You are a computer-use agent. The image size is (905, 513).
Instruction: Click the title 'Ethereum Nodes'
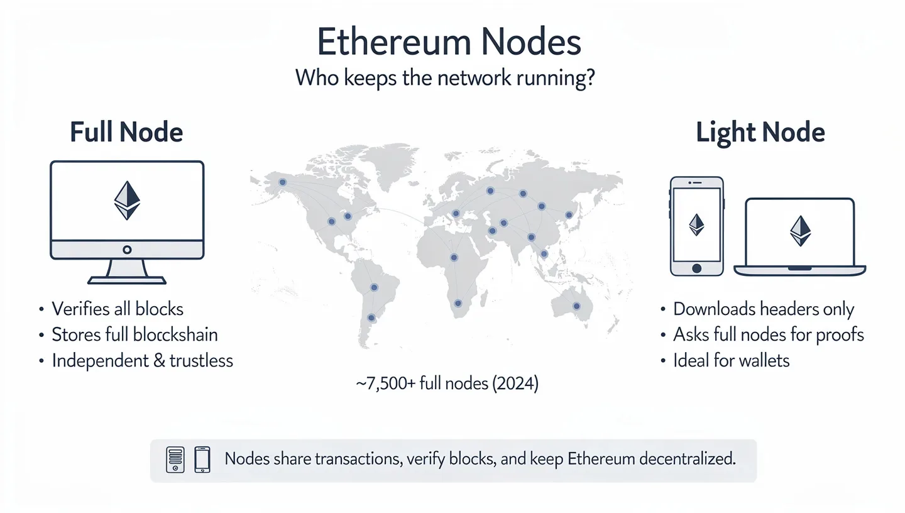coord(449,43)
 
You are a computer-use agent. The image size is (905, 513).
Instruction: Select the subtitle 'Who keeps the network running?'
coord(445,80)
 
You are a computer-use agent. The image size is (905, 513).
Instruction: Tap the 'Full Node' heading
coord(126,133)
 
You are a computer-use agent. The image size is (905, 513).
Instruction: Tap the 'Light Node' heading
coord(760,133)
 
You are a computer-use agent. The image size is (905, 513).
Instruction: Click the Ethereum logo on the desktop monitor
coord(127,201)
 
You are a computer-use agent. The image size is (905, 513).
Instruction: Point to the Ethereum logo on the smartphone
coord(696,224)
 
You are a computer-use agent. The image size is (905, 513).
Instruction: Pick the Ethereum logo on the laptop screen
coord(800,231)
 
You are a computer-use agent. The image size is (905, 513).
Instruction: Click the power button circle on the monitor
coord(127,250)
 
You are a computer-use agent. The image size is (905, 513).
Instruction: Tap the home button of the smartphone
coord(696,268)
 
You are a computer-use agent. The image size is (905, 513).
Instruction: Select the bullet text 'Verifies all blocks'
coord(118,309)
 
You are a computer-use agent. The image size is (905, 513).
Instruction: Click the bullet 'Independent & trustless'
coord(142,360)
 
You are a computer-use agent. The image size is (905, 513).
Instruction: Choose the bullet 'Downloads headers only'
coord(764,309)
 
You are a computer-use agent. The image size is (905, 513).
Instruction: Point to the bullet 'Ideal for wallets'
coord(731,360)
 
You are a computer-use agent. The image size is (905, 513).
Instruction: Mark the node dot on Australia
coord(576,306)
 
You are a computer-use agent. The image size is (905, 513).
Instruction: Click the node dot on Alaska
coord(282,182)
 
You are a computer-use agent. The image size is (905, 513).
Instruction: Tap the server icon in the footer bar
coord(175,460)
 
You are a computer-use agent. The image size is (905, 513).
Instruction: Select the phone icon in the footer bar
coord(202,460)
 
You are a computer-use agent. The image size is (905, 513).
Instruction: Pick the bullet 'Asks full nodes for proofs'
coord(768,334)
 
